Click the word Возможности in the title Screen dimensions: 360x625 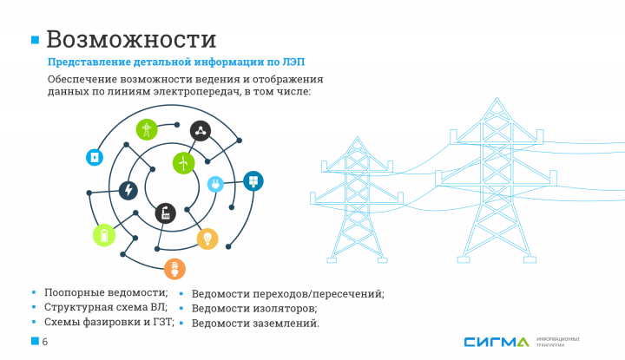pos(131,39)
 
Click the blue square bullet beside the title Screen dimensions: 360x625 pos(36,40)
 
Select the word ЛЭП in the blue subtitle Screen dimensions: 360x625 pos(294,62)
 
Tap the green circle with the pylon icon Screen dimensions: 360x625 pos(147,130)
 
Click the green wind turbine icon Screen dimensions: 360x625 pos(182,162)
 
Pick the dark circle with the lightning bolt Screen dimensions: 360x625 pos(128,190)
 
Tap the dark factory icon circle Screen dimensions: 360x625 pos(165,213)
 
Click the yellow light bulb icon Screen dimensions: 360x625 pos(207,239)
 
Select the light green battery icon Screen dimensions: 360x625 pos(104,234)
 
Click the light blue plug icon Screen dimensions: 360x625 pos(215,183)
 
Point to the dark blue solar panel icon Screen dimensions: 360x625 pos(253,181)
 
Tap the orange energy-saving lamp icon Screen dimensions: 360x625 pos(174,268)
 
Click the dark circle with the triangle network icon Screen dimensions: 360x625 pos(201,131)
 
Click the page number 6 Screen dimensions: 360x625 pos(44,342)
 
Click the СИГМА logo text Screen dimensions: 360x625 pos(495,342)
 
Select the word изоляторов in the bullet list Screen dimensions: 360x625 pos(279,308)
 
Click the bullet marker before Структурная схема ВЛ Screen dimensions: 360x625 pos(33,306)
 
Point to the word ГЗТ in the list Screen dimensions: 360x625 pos(162,321)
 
